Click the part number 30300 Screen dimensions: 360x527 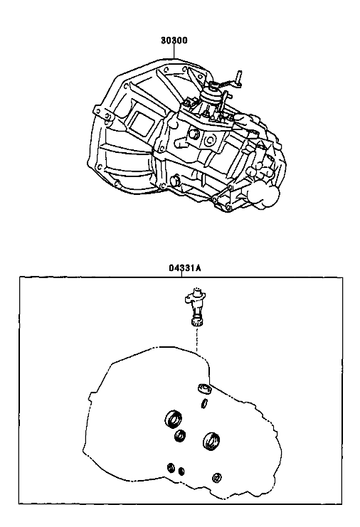coord(174,41)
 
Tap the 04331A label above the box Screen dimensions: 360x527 coord(184,268)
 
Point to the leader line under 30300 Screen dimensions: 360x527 coord(174,51)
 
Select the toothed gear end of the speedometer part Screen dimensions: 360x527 coord(196,322)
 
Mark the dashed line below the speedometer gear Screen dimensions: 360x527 coord(196,339)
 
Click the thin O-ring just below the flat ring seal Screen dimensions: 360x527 coord(204,403)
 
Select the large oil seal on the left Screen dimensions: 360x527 coord(174,419)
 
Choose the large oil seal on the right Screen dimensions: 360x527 coord(212,441)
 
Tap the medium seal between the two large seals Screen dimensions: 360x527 coord(181,435)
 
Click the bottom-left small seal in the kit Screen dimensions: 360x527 coord(171,467)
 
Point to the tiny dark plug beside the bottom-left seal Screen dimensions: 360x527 coord(181,472)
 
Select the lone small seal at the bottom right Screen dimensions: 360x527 coord(216,477)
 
